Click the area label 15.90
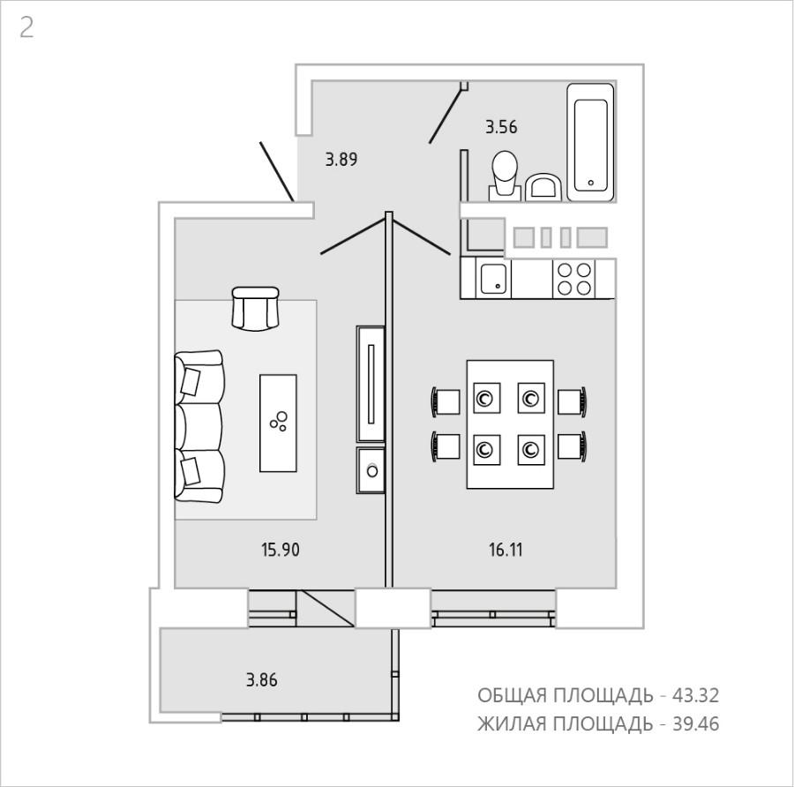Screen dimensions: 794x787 tap(280, 550)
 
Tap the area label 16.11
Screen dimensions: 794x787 tap(506, 550)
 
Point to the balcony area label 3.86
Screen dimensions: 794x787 tap(262, 679)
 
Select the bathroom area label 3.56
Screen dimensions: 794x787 tap(501, 127)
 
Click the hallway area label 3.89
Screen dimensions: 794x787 tap(341, 160)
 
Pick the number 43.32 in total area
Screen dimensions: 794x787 tap(695, 696)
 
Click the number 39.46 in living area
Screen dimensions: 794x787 tap(695, 724)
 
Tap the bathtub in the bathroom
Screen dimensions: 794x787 tap(590, 142)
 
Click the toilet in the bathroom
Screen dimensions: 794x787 tap(505, 176)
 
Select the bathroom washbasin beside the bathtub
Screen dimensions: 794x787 tap(543, 187)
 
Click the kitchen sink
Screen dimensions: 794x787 tap(493, 278)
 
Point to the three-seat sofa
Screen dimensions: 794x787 tap(199, 426)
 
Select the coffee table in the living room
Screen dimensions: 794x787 tap(278, 423)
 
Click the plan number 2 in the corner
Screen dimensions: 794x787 tap(26, 27)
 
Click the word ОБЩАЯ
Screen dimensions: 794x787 tap(512, 696)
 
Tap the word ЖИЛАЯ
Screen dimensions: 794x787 tap(512, 724)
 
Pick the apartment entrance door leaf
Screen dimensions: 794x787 tap(277, 172)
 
